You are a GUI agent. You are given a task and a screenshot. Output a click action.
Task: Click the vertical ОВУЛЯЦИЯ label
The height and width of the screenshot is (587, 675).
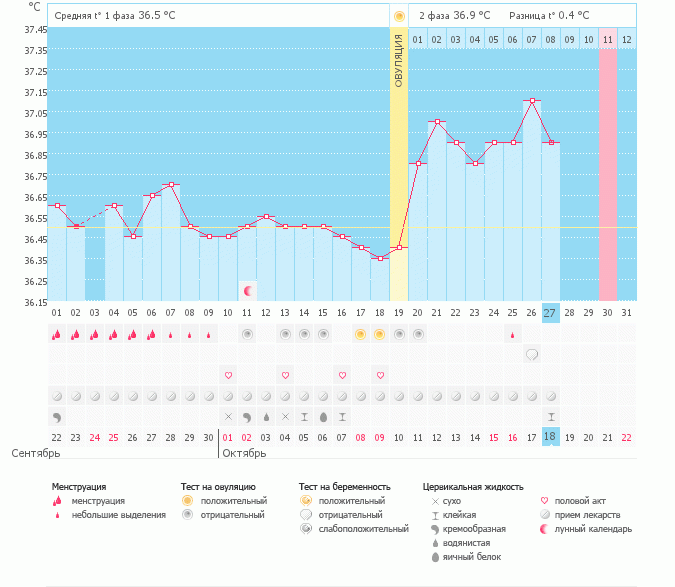tap(399, 61)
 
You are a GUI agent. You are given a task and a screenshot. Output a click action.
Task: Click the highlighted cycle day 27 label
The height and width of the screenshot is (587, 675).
tap(551, 313)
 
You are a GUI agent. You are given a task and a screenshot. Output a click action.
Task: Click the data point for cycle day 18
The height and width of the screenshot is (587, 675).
tap(380, 258)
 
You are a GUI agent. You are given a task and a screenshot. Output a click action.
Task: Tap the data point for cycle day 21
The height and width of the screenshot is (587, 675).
tap(437, 122)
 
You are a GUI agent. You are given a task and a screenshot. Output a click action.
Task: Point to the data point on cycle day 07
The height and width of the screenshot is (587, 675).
tap(171, 185)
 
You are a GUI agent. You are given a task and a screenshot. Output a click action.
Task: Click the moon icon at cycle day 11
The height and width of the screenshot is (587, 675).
tap(248, 291)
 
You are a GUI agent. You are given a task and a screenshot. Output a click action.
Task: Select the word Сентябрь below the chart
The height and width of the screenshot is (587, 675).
tap(37, 453)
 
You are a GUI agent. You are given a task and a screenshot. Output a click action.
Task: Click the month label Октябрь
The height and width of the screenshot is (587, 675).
tap(244, 453)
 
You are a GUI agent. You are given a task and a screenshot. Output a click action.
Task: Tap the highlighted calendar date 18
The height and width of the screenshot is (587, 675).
tap(551, 438)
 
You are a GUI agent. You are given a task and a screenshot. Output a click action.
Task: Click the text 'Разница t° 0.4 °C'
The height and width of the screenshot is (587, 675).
tap(549, 16)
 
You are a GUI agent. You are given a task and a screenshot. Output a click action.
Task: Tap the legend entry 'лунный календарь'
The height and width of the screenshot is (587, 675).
tap(594, 528)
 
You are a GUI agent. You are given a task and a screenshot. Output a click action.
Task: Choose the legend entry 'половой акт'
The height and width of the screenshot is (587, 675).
tap(583, 500)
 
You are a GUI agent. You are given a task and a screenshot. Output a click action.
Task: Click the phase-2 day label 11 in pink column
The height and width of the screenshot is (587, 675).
tap(608, 39)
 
